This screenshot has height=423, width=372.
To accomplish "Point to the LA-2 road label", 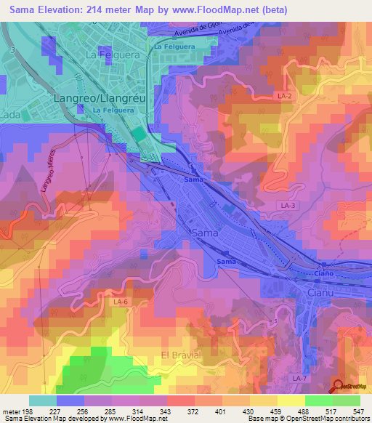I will [283, 94].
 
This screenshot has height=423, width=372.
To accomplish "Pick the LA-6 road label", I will [121, 302].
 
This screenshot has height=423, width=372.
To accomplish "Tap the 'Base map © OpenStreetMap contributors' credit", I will [306, 419].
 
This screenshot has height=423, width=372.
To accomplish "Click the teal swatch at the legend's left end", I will [42, 400].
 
